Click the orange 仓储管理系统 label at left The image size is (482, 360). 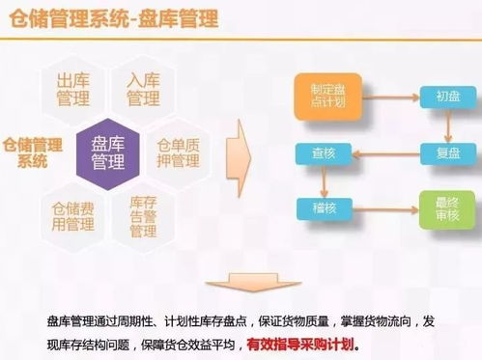(33, 152)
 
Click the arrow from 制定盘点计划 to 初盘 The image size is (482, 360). (384, 97)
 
